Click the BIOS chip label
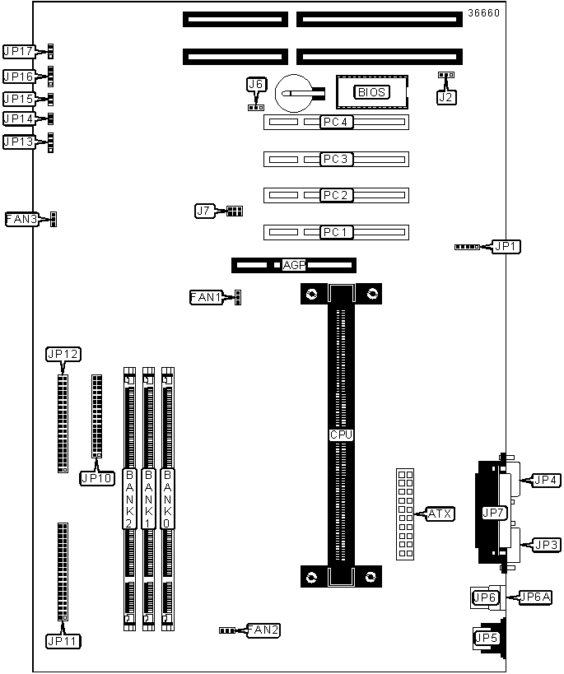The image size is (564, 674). pos(371,92)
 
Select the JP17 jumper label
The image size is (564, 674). pos(18,51)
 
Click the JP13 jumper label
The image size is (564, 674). pos(18,142)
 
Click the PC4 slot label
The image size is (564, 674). pos(336,123)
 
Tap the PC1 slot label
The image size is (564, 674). pos(336,232)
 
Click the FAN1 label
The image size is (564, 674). pos(206,297)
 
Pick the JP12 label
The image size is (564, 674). pos(63,355)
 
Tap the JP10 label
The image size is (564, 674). pos(96,477)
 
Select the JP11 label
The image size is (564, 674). pos(63,639)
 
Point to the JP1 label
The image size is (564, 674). pos(506,246)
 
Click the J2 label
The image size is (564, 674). pos(445,96)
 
